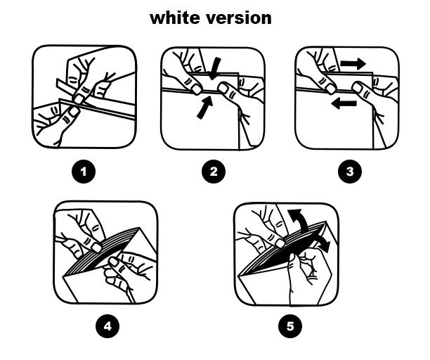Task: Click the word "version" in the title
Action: coord(238,18)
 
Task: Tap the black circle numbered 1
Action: coord(84,172)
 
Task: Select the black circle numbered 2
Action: coord(214,172)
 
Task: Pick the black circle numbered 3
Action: coord(350,172)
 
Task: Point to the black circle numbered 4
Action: coord(107,326)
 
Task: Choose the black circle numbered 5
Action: coord(290,326)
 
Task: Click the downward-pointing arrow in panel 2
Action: coord(215,69)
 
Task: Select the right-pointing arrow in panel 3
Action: coord(353,64)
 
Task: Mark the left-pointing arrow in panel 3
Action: coord(344,104)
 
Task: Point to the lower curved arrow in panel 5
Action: coord(322,242)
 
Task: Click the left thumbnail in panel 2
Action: coord(197,89)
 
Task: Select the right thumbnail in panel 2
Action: coord(223,89)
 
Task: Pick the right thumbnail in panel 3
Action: coord(357,88)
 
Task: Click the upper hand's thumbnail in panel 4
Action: coord(96,247)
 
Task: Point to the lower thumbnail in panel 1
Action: coord(74,112)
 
